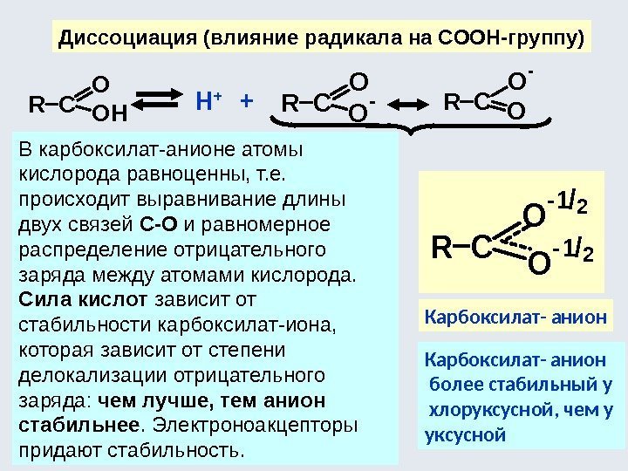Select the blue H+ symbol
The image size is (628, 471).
click(x=207, y=102)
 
